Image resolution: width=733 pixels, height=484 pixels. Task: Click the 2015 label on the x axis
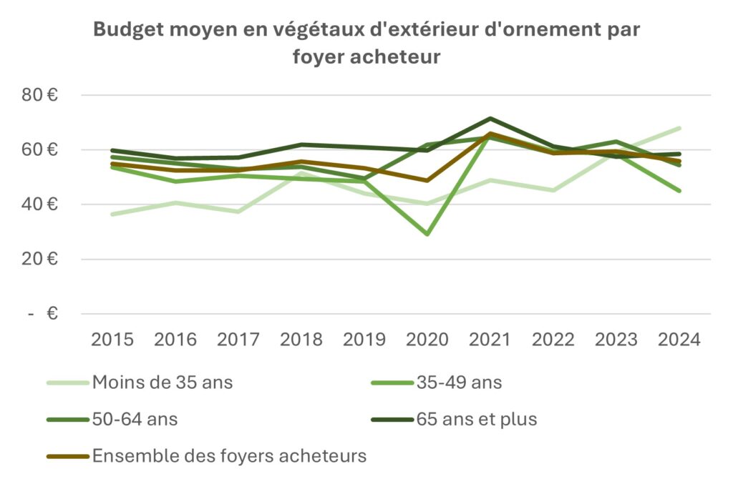pyautogui.click(x=112, y=339)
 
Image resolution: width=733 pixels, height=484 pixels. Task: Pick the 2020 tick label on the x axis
pyautogui.click(x=427, y=339)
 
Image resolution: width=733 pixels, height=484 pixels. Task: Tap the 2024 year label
pyautogui.click(x=679, y=339)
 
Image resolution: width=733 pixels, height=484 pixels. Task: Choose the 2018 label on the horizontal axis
pyautogui.click(x=301, y=339)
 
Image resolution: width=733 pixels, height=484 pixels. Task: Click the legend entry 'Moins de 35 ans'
pyautogui.click(x=162, y=382)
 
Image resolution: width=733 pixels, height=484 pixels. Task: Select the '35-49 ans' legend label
pyautogui.click(x=459, y=382)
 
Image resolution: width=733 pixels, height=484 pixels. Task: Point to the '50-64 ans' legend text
pyautogui.click(x=135, y=419)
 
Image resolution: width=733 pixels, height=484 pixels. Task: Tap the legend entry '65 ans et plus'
pyautogui.click(x=477, y=419)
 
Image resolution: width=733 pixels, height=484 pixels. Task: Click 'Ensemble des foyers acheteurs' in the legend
pyautogui.click(x=229, y=456)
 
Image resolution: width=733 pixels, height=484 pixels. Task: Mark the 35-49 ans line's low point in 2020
pyautogui.click(x=427, y=234)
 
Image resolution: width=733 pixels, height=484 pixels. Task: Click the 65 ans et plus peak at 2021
pyautogui.click(x=490, y=119)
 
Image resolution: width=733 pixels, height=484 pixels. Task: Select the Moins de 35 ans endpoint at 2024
pyautogui.click(x=679, y=129)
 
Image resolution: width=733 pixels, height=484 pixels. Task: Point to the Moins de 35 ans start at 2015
pyautogui.click(x=112, y=214)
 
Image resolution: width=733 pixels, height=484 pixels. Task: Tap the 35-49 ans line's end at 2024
pyautogui.click(x=679, y=191)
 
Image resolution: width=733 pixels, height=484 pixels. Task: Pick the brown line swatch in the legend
pyautogui.click(x=68, y=456)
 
